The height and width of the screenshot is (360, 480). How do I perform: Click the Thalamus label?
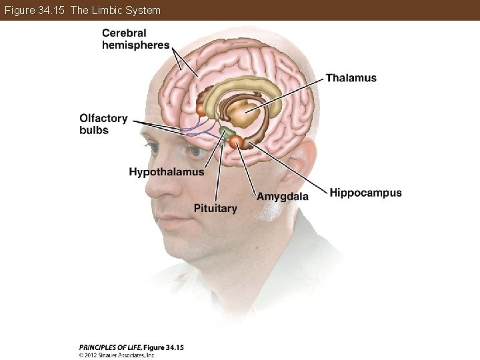click(x=351, y=78)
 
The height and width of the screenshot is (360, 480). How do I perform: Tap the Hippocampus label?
click(x=365, y=193)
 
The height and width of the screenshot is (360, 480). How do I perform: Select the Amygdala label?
click(x=283, y=197)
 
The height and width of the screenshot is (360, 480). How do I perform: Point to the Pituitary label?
click(x=215, y=209)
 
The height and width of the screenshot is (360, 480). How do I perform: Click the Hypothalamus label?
click(x=167, y=172)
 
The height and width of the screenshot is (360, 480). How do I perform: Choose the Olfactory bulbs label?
click(x=103, y=124)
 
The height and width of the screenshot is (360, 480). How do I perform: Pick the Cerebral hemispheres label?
click(x=135, y=39)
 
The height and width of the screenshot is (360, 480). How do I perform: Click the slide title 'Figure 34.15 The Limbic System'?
click(x=81, y=10)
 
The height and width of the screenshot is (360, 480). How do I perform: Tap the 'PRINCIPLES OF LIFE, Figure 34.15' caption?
click(x=131, y=347)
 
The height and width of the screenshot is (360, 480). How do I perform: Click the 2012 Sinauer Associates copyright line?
click(x=117, y=355)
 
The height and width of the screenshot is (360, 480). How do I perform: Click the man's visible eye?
click(x=194, y=153)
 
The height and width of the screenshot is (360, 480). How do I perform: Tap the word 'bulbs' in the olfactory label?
click(x=94, y=131)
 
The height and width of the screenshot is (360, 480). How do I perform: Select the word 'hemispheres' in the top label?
click(x=135, y=45)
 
